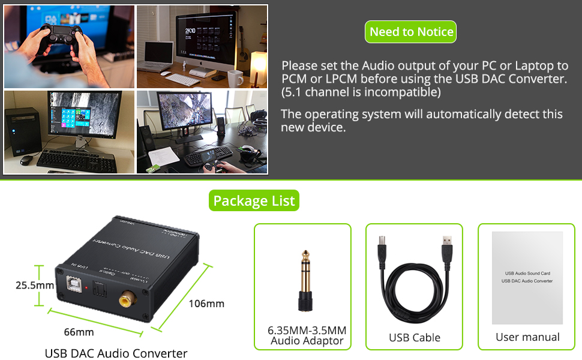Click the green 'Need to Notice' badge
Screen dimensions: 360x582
point(411,32)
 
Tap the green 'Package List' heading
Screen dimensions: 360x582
point(254,200)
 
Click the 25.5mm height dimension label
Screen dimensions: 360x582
point(35,285)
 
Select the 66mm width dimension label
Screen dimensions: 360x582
point(79,332)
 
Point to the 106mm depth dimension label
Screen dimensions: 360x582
point(206,303)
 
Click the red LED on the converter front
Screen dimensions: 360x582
point(88,289)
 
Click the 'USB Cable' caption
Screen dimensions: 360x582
point(414,337)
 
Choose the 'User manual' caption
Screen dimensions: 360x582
point(527,337)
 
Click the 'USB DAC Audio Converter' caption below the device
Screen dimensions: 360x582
point(116,353)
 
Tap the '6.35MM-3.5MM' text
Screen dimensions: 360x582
point(307,330)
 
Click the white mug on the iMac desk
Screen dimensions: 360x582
point(235,78)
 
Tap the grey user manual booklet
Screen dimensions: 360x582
point(527,277)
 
